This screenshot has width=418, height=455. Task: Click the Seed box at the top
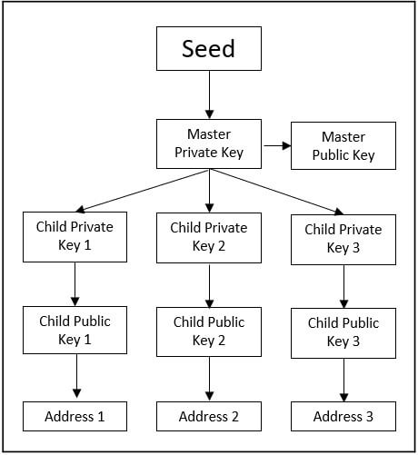[x=209, y=48]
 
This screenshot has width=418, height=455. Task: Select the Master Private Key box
[x=209, y=144]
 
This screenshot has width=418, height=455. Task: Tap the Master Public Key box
[x=343, y=145]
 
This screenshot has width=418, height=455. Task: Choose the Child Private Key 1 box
[x=75, y=237]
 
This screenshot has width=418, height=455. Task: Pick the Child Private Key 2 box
[x=209, y=237]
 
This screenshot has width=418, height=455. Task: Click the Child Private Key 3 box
[x=343, y=239]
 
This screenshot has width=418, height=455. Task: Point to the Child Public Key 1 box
[x=75, y=331]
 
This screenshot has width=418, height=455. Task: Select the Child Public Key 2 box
[x=209, y=331]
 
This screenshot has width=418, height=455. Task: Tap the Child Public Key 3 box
[x=343, y=332]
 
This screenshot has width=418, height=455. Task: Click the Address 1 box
[x=75, y=417]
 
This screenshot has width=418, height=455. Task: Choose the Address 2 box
[x=209, y=417]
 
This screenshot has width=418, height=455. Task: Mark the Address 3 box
[x=343, y=417]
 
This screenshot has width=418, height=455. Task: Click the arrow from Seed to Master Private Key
[x=209, y=94]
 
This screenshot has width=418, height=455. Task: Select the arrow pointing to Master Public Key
[x=276, y=144]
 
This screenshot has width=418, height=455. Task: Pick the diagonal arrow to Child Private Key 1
[x=136, y=192]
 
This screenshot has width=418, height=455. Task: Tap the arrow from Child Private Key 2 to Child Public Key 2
[x=209, y=285]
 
